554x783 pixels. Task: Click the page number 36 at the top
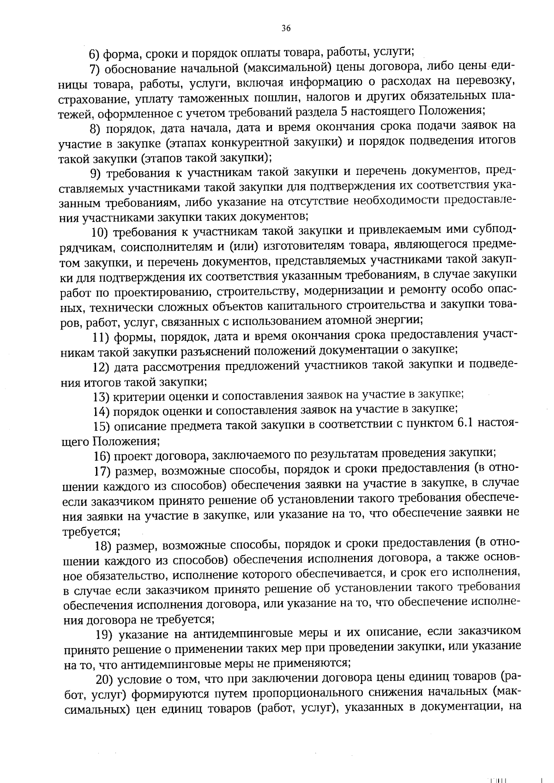click(286, 29)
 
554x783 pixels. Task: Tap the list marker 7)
click(95, 70)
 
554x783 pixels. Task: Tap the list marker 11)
click(100, 337)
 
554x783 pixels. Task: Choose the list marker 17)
click(102, 471)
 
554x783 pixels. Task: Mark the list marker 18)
click(103, 546)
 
